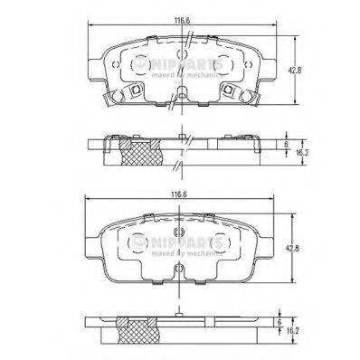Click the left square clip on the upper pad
(133, 90)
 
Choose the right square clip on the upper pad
(231, 90)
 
